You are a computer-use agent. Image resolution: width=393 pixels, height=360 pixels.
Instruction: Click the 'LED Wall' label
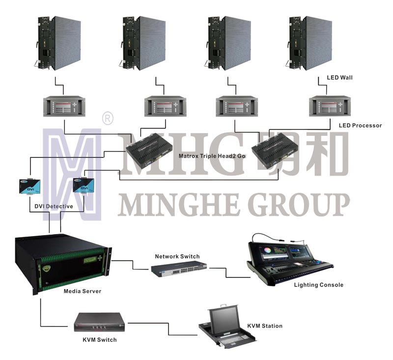pyautogui.click(x=339, y=78)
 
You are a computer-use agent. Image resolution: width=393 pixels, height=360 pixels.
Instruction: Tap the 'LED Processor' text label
pyautogui.click(x=360, y=125)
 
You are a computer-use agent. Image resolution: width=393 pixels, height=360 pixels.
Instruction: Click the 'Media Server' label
pyautogui.click(x=83, y=291)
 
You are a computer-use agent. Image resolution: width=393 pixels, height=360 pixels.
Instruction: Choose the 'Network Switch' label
pyautogui.click(x=177, y=256)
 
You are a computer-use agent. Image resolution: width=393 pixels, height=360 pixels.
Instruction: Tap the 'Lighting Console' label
pyautogui.click(x=318, y=285)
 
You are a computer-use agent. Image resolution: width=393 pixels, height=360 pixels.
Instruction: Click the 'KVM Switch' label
pyautogui.click(x=100, y=339)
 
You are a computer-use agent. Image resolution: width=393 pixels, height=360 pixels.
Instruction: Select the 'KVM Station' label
pyautogui.click(x=265, y=326)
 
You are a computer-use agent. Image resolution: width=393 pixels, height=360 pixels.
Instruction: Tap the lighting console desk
pyautogui.click(x=282, y=259)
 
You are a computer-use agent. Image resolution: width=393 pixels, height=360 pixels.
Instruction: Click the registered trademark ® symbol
pyautogui.click(x=106, y=119)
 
